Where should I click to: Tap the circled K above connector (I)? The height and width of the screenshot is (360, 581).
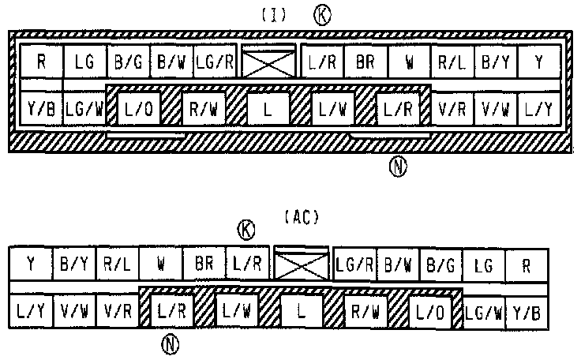click(322, 15)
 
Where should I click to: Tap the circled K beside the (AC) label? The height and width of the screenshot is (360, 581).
click(248, 230)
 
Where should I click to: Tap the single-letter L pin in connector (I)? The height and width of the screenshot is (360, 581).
click(267, 109)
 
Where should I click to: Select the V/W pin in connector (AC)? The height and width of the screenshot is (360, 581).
click(74, 312)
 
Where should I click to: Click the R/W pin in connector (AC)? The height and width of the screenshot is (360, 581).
click(365, 312)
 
